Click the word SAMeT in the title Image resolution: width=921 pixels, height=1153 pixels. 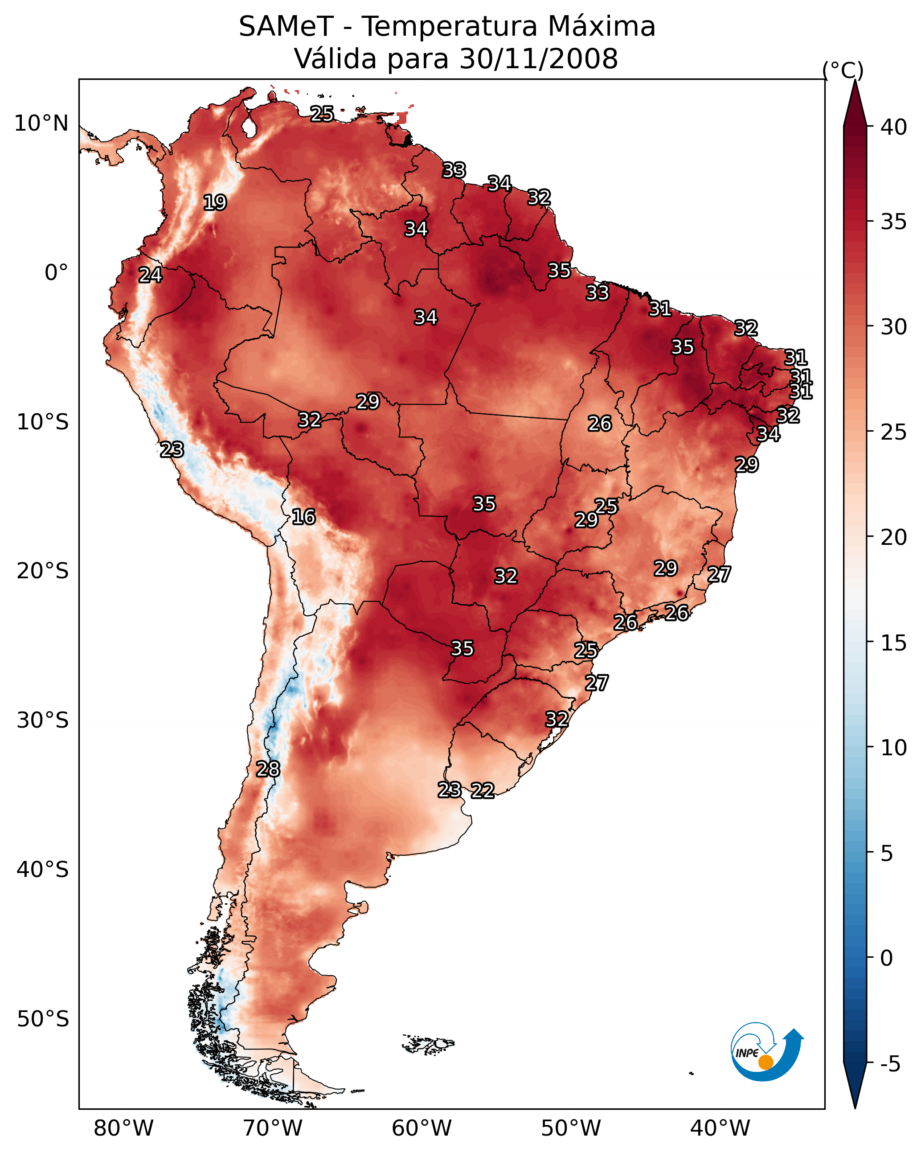coord(286,27)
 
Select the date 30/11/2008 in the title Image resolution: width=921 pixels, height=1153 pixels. coord(538,59)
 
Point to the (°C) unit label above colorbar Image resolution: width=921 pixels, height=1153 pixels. coord(843,70)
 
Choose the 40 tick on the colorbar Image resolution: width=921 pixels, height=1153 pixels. coord(894,127)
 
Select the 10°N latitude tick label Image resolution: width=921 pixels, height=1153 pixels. coord(41,124)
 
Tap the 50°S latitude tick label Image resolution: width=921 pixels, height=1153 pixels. coord(43,1019)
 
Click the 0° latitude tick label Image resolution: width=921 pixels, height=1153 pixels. coord(57,273)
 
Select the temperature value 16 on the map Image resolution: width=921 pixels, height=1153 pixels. coord(303,517)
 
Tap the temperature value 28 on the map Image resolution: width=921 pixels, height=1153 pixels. coord(268,769)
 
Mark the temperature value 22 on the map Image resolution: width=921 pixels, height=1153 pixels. coord(483,791)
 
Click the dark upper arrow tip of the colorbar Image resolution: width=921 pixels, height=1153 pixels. coord(855,80)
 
